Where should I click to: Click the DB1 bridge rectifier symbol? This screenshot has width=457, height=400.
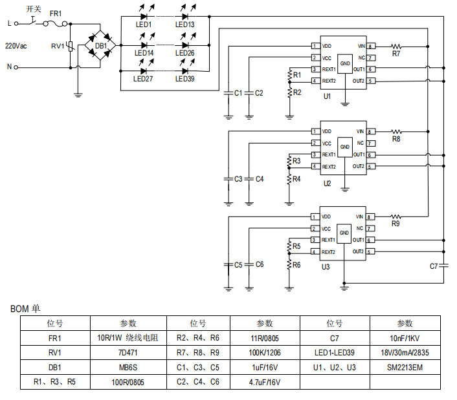100,45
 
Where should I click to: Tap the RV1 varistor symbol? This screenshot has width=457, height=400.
71,46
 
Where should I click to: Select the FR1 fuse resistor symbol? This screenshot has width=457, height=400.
55,24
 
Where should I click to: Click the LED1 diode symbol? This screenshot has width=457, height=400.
144,17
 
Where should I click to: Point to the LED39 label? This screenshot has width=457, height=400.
184,79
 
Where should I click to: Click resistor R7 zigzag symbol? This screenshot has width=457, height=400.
396,47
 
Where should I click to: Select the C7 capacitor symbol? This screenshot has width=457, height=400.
443,266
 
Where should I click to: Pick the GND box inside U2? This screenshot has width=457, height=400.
345,147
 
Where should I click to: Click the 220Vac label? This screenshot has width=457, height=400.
16,46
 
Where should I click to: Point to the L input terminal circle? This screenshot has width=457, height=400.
16,24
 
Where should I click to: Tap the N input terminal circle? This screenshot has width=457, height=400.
16,67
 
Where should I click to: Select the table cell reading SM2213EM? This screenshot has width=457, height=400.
405,368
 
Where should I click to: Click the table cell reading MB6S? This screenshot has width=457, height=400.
128,368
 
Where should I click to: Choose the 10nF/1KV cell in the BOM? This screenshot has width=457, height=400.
405,338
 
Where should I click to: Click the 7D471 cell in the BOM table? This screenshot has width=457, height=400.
128,353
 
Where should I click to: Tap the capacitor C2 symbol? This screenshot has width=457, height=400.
249,93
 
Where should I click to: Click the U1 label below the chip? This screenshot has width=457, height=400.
328,96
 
